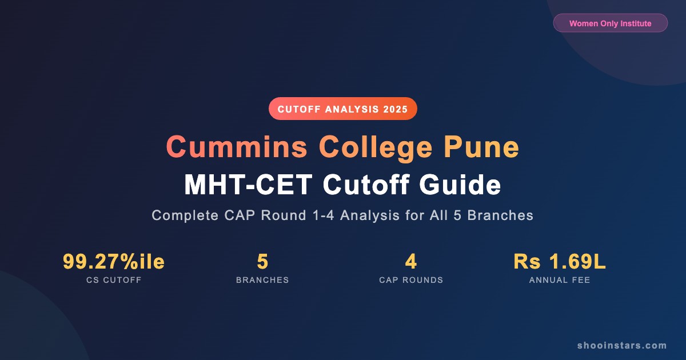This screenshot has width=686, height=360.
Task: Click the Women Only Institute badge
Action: pos(610,23)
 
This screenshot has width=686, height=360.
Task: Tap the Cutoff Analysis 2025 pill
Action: pos(343,109)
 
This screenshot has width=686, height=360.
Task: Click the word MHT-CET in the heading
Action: pos(249,185)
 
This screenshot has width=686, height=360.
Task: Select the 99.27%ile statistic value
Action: pos(114,262)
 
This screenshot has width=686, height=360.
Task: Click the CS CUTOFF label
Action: pos(114,281)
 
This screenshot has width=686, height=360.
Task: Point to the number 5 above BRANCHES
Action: pos(262,262)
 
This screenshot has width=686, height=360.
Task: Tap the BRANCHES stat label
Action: pos(262,281)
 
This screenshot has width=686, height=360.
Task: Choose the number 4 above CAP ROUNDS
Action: pos(411,262)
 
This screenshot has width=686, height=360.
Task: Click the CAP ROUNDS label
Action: pos(411,281)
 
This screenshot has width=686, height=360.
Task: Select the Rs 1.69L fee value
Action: pos(560,262)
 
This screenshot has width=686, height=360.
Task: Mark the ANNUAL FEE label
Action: pos(560,281)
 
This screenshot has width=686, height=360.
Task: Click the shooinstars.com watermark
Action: pos(622,345)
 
